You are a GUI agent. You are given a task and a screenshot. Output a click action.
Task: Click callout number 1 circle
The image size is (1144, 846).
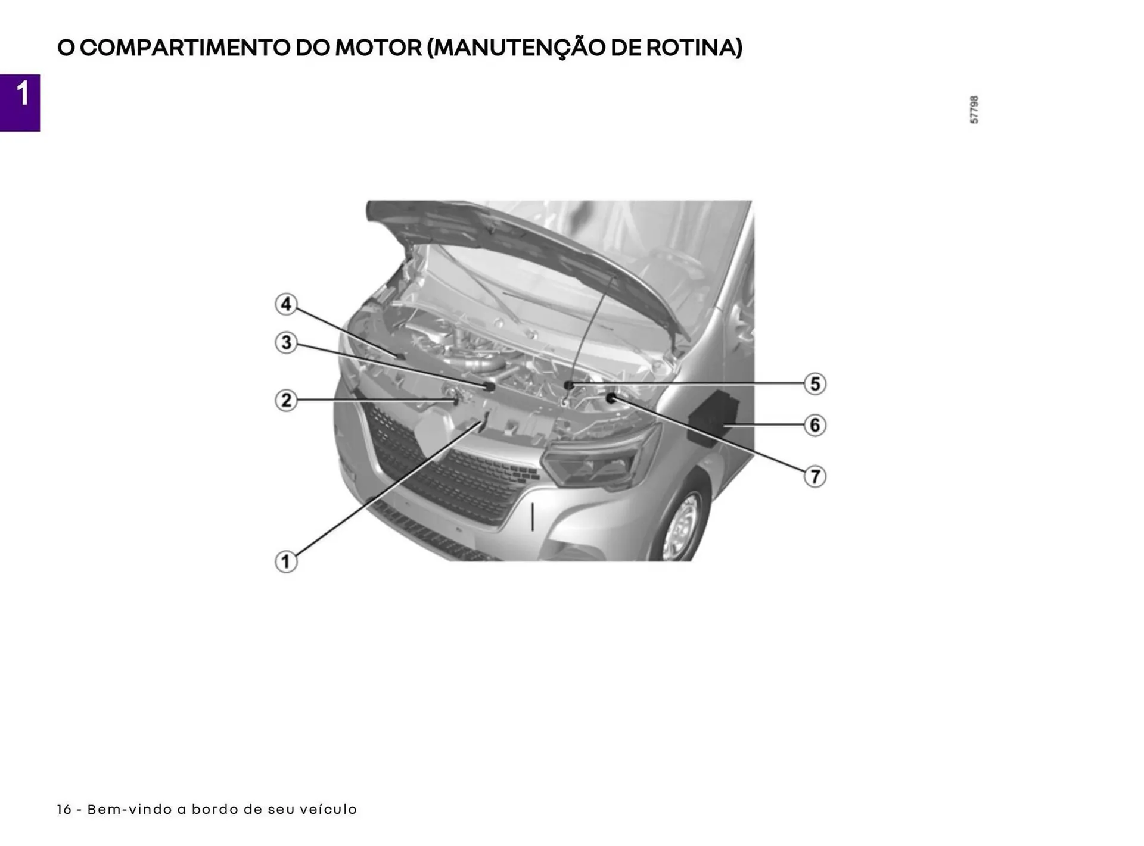286,561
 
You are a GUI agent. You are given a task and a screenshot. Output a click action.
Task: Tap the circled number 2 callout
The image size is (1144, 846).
286,400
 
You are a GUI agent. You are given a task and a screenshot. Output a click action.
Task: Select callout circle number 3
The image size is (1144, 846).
286,342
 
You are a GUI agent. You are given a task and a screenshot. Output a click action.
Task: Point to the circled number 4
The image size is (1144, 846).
286,304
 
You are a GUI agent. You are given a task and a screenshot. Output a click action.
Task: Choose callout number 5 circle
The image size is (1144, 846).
815,383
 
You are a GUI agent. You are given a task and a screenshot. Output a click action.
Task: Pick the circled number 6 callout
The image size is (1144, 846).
815,425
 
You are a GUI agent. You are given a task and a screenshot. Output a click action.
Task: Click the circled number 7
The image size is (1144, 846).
815,476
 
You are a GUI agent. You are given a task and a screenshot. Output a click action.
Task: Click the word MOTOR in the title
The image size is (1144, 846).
378,48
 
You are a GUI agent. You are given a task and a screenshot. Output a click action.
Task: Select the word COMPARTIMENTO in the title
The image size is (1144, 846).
185,48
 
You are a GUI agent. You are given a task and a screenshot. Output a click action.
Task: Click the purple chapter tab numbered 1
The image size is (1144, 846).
20,102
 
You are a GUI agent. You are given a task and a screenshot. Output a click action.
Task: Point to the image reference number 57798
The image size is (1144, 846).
974,110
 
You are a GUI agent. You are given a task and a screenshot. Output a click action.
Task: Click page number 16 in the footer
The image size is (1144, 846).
64,810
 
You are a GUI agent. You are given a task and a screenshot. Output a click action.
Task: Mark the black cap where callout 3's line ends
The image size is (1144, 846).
490,386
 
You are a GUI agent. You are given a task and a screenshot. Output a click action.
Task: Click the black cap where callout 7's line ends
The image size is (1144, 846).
611,397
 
